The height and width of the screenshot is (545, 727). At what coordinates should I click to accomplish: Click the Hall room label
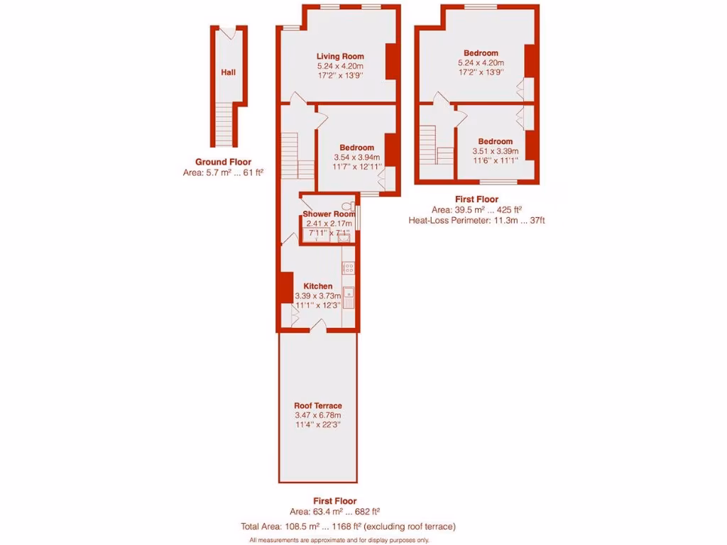(228, 72)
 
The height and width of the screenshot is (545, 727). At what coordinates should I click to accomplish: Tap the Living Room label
(340, 57)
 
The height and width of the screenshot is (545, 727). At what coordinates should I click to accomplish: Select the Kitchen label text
(313, 286)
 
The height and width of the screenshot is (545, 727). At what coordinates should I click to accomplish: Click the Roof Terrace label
(318, 406)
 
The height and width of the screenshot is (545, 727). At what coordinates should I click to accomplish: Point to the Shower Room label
(328, 214)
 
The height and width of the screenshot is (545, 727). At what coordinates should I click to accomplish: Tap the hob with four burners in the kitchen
(349, 268)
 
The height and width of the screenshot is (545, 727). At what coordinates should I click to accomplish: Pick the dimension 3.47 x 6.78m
(318, 415)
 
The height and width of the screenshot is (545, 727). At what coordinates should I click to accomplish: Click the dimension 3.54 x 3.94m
(356, 158)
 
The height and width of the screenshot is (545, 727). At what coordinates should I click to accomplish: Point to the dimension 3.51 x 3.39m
(495, 151)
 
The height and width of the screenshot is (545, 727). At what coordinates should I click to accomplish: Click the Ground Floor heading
(223, 162)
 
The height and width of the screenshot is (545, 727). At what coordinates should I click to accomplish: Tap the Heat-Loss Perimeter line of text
(476, 220)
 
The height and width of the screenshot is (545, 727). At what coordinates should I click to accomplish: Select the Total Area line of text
(349, 527)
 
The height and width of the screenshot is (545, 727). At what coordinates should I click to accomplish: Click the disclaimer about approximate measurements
(339, 540)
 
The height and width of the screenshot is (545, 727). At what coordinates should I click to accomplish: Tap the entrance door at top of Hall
(228, 32)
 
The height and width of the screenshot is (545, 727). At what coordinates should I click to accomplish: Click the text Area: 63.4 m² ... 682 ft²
(334, 512)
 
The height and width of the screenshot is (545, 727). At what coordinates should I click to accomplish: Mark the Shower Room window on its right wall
(359, 218)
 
